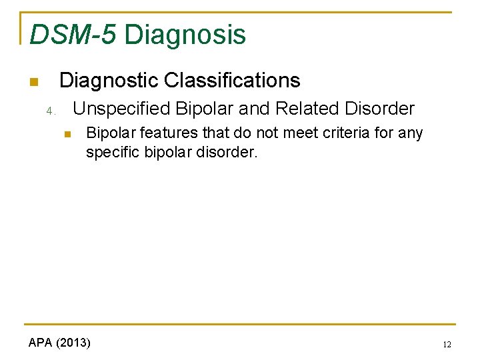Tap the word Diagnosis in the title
[x=185, y=35]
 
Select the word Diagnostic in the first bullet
[x=109, y=81]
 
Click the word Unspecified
[x=121, y=109]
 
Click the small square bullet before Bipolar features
[x=67, y=135]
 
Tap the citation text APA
[x=41, y=343]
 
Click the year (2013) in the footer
[x=73, y=343]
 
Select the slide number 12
[x=446, y=345]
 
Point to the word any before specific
[x=411, y=133]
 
